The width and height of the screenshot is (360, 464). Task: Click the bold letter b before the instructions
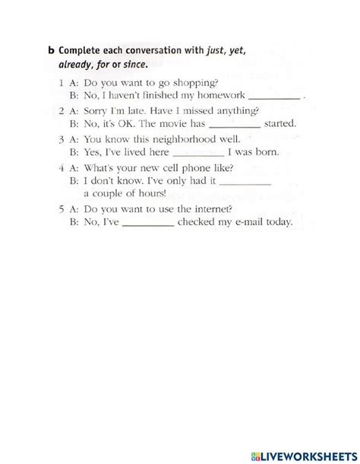click(52, 52)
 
